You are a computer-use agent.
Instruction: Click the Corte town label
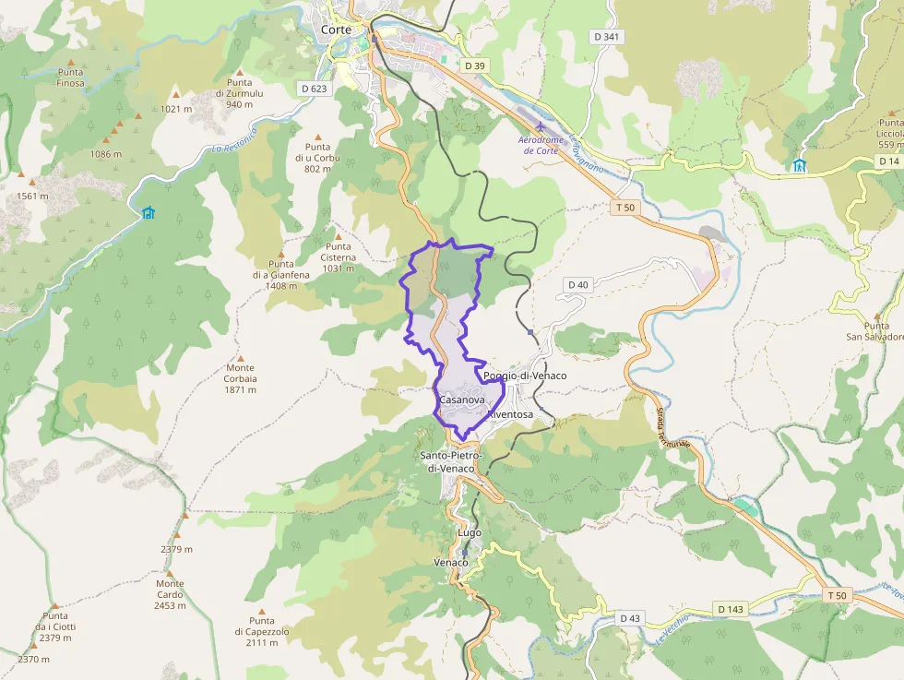coord(336,30)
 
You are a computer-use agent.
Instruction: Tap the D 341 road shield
coord(606,37)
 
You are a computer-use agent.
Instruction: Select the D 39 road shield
coord(475,66)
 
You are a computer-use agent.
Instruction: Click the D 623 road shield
coord(314,89)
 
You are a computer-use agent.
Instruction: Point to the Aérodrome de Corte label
coord(540,145)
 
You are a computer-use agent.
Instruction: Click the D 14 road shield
coord(888,161)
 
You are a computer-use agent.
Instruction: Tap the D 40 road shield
coord(577,284)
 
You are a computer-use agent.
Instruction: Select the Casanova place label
coord(462,400)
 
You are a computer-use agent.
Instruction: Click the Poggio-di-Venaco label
coord(525,376)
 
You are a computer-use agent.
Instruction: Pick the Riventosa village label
coord(511,415)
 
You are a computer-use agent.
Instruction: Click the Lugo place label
coord(470,533)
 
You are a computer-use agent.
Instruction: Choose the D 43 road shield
coord(630,617)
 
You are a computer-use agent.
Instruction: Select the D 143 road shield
coord(730,609)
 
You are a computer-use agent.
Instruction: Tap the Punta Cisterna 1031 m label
coord(339,256)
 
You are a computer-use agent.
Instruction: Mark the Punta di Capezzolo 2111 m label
coord(262,631)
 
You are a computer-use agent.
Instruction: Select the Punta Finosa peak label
coord(71,78)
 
